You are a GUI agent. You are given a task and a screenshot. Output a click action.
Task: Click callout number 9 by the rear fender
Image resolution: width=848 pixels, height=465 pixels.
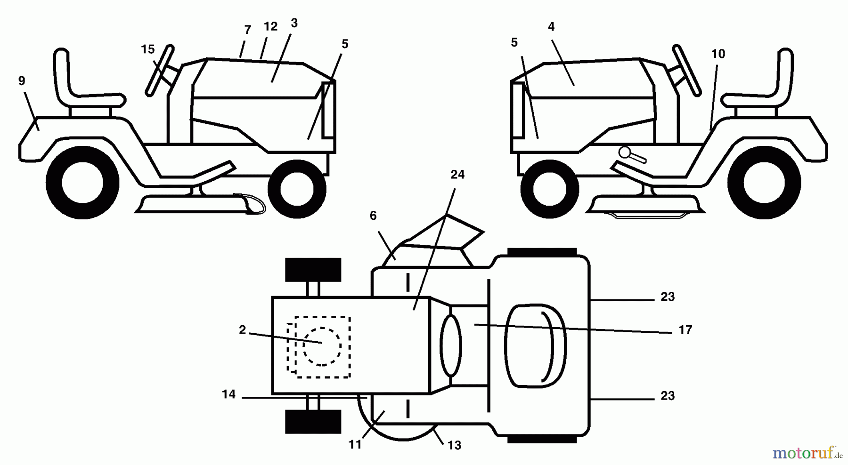(22, 81)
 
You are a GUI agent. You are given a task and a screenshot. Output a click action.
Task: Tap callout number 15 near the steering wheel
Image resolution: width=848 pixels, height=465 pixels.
(147, 49)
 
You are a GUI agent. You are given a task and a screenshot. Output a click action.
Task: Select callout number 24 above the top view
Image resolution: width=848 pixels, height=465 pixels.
(457, 175)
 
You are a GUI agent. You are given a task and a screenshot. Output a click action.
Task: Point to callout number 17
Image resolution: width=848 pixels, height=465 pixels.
(685, 330)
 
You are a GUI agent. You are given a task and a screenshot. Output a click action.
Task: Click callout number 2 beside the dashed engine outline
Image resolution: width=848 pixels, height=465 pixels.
(242, 330)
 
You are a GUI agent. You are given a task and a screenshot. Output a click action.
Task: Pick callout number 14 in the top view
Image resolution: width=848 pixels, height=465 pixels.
(228, 394)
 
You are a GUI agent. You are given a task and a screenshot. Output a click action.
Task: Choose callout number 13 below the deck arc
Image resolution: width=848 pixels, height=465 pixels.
(454, 445)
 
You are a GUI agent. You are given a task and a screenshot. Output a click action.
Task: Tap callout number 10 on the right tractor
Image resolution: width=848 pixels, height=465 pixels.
(718, 54)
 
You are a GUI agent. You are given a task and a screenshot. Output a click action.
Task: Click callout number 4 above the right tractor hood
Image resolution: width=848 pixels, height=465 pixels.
(551, 27)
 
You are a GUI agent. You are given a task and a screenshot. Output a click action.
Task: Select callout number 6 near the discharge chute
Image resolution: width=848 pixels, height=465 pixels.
(373, 216)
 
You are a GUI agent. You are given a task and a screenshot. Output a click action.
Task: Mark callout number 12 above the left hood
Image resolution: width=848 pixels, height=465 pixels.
(270, 27)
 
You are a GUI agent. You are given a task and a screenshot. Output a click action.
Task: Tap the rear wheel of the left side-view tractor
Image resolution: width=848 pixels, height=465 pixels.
(82, 183)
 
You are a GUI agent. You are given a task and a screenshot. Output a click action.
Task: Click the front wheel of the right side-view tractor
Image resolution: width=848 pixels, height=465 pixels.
(549, 189)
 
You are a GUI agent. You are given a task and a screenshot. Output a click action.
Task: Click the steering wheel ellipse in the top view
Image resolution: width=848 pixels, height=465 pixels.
(450, 345)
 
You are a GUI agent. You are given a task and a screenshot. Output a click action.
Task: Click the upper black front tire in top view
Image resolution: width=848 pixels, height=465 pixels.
(313, 270)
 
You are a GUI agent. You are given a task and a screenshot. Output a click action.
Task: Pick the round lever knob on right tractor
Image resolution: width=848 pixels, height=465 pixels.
(626, 152)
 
